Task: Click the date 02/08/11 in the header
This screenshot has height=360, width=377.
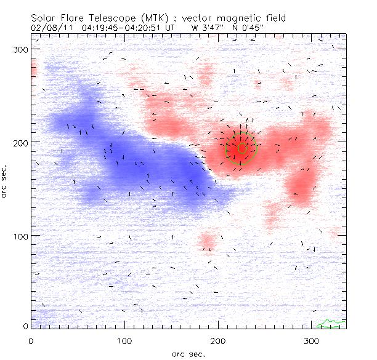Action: click(x=49, y=27)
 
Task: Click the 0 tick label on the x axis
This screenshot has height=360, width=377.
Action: click(x=30, y=340)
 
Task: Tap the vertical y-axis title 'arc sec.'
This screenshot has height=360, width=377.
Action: click(x=6, y=182)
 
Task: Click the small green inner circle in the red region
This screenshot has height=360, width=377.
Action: click(x=242, y=148)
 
